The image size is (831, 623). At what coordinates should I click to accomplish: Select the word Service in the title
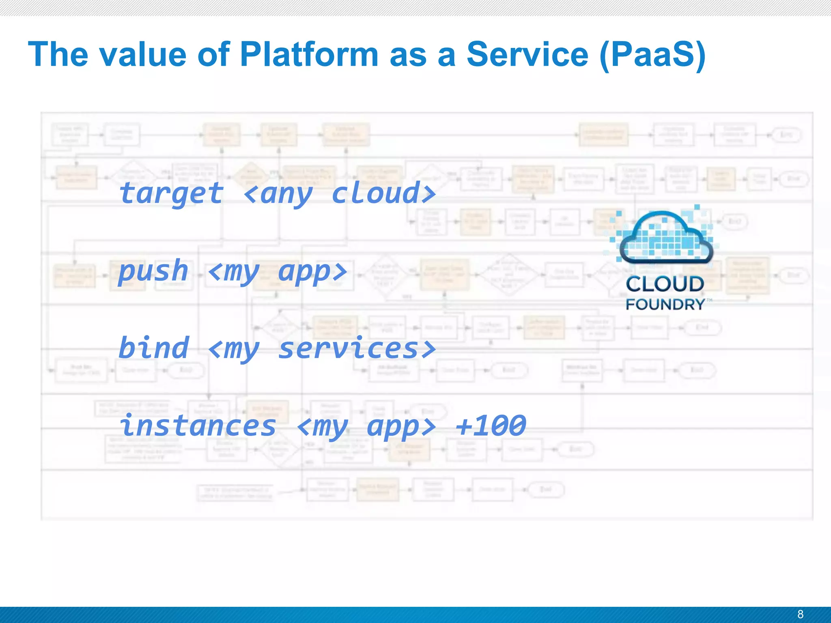pyautogui.click(x=527, y=55)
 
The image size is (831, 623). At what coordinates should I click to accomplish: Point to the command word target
pyautogui.click(x=171, y=194)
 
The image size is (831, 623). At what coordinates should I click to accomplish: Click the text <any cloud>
pyautogui.click(x=340, y=193)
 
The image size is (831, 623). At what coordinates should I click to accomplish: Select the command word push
pyautogui.click(x=153, y=271)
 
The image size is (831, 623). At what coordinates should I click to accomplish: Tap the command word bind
pyautogui.click(x=154, y=348)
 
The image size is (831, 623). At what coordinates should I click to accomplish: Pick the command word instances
pyautogui.click(x=198, y=425)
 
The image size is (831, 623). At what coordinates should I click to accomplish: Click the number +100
pyautogui.click(x=491, y=425)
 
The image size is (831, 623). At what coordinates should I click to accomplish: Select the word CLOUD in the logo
pyautogui.click(x=665, y=284)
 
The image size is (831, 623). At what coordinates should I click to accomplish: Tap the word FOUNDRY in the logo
pyautogui.click(x=665, y=304)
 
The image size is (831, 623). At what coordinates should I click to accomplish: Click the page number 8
pyautogui.click(x=800, y=614)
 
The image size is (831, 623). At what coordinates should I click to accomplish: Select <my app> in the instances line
pyautogui.click(x=366, y=426)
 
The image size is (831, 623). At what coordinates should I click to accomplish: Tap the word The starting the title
pyautogui.click(x=58, y=55)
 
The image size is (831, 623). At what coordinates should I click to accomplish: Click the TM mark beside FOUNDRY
pyautogui.click(x=709, y=300)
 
